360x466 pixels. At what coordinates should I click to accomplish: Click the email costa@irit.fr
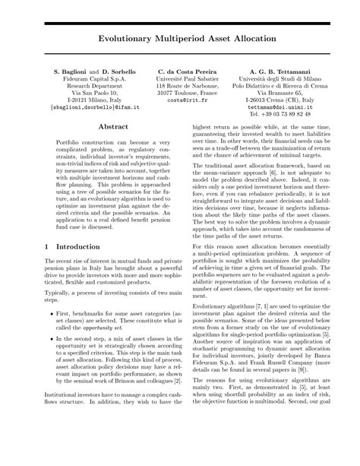click(182, 100)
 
